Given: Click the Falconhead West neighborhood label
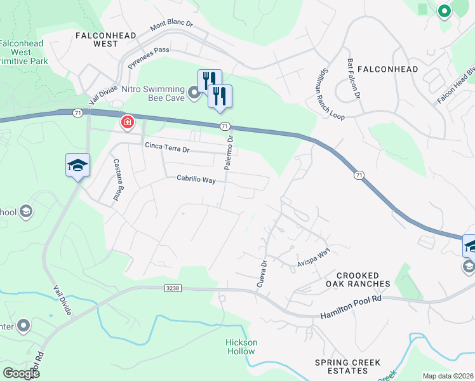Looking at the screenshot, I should pos(106,39).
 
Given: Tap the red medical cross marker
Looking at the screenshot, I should pos(128,121).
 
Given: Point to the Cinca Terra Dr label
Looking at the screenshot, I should pos(167,149).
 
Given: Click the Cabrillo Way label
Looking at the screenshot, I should pos(196,180).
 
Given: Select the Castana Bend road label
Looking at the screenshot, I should pos(117,180).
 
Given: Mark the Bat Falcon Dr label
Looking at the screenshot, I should pos(354,79).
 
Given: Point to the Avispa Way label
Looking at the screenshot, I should pos(314,258).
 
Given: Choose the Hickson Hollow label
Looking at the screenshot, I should pos(241,347).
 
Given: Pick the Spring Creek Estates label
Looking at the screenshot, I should pos(348,367).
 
